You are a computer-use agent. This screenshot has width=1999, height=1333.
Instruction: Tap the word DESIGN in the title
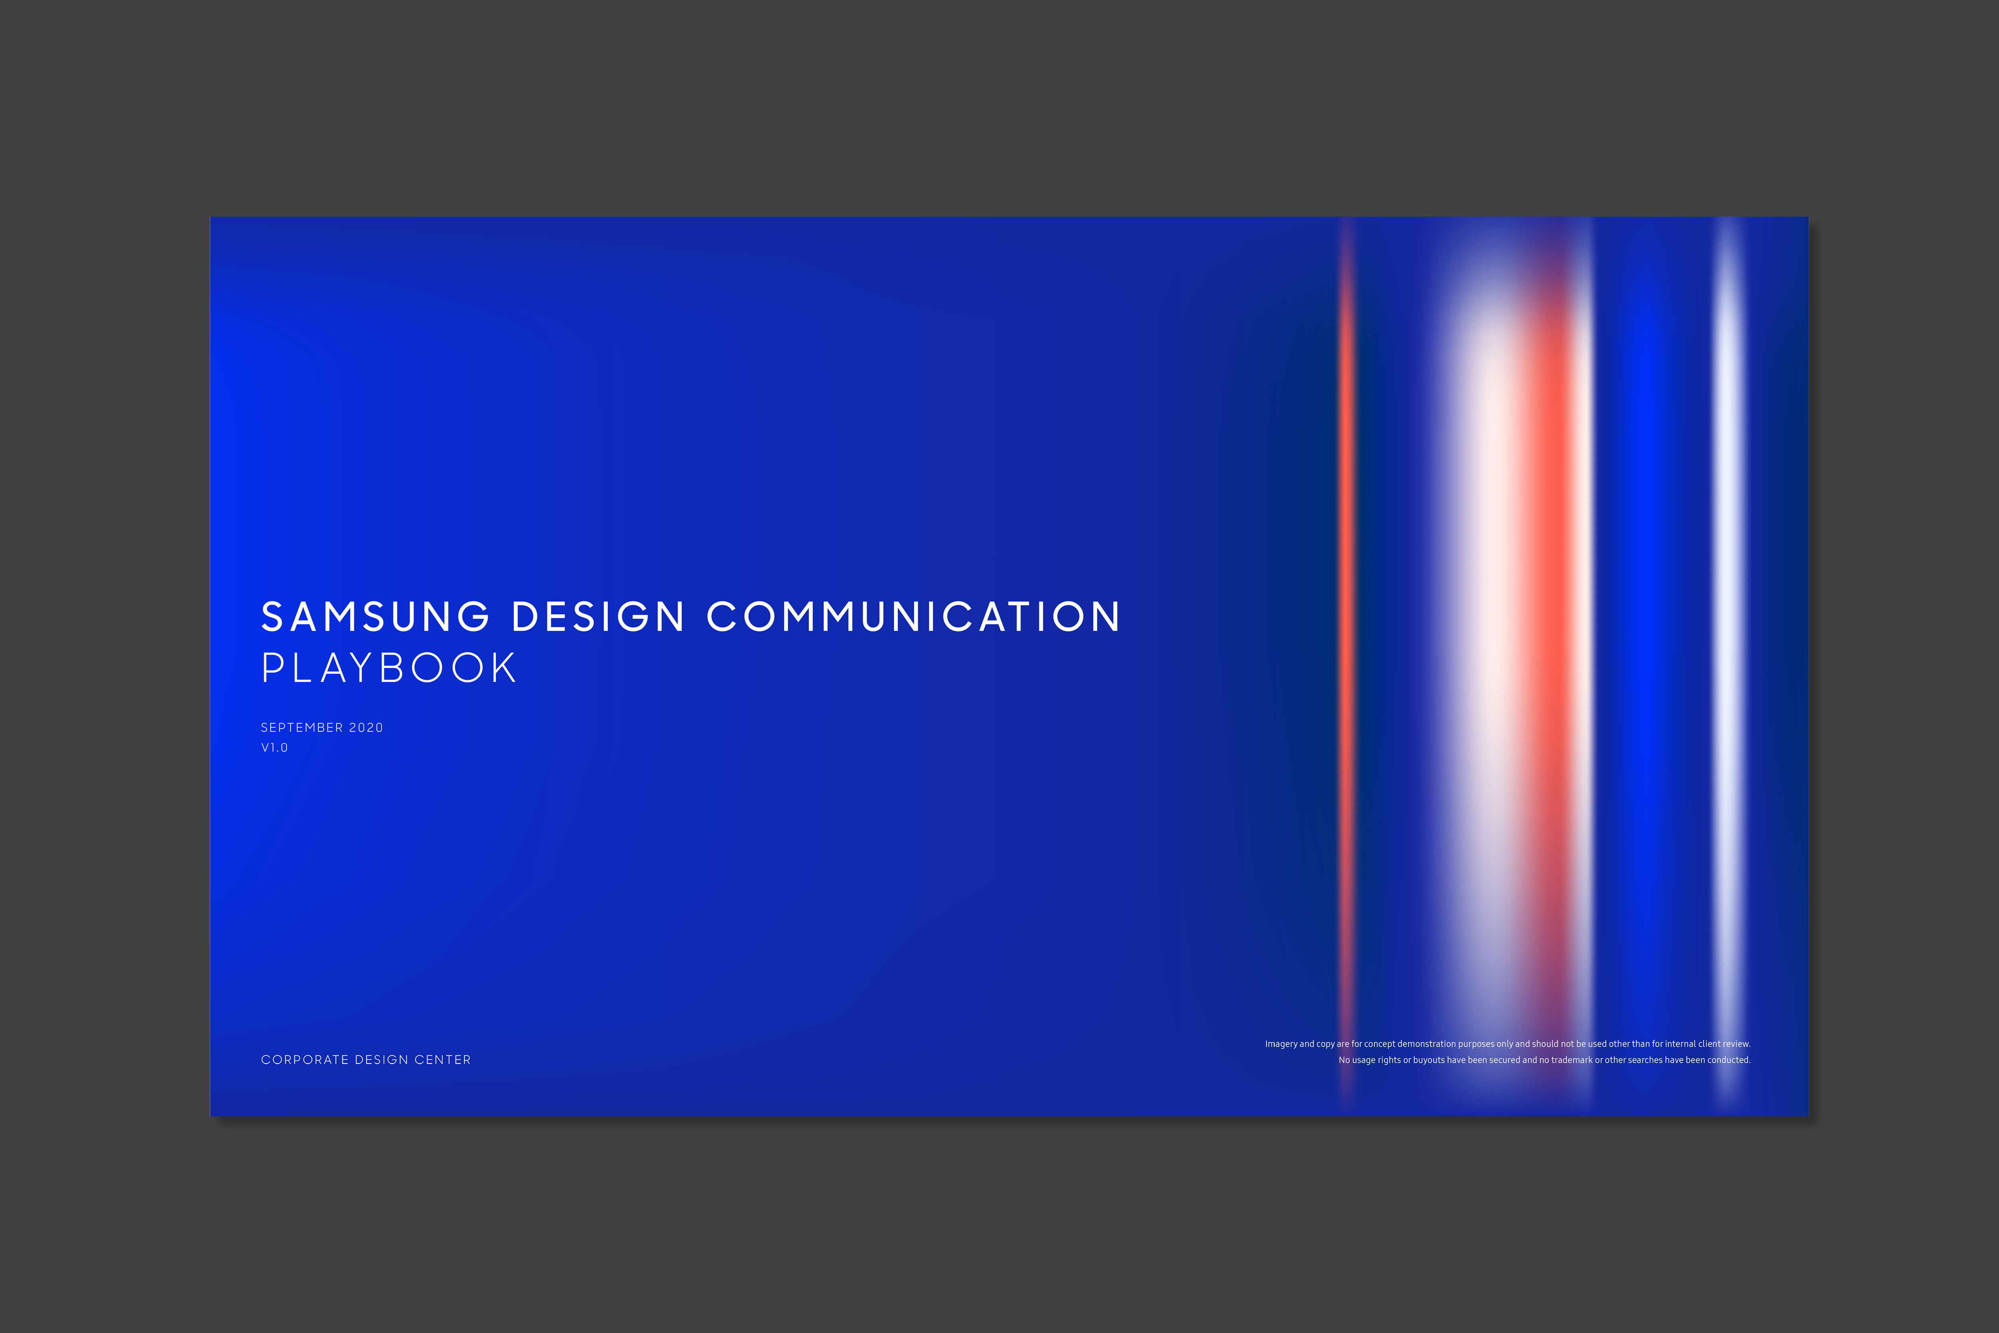599,616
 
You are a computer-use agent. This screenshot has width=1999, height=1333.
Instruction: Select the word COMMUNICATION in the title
914,616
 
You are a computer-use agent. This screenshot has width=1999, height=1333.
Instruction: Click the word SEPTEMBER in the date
302,728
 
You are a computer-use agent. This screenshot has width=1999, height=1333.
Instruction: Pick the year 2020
366,728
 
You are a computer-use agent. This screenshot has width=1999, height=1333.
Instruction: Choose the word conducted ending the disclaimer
1729,1060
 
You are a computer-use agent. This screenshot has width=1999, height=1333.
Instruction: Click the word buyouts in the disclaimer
1429,1060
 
